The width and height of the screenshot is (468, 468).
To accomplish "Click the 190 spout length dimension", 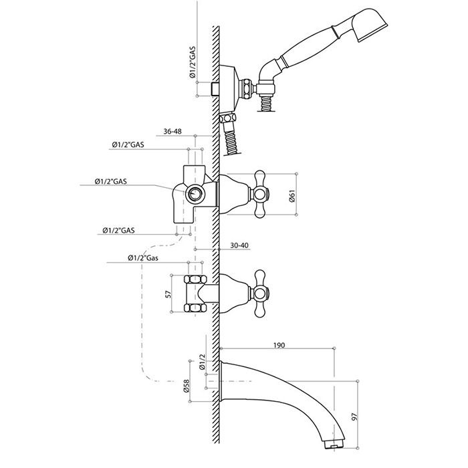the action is [x=279, y=346].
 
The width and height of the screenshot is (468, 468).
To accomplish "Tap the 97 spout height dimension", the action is [x=354, y=417].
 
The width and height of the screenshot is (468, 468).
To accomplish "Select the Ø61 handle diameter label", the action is [x=292, y=195].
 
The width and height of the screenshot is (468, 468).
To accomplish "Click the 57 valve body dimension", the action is [x=168, y=294].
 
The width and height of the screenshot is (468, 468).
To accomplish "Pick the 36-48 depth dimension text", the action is [x=172, y=131].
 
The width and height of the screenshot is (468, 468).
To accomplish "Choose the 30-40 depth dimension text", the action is [x=239, y=245].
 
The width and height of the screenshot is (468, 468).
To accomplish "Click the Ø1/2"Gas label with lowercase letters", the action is [x=143, y=258].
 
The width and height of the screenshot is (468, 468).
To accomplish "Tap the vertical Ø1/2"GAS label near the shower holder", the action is [x=193, y=62].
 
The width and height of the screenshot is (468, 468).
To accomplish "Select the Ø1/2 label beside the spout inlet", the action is [x=203, y=362].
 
